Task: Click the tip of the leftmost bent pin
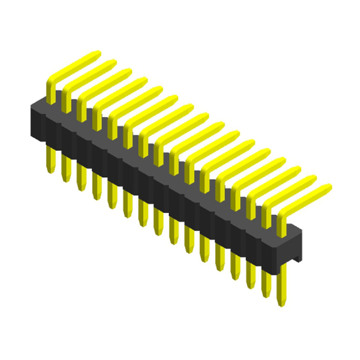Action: (96, 55)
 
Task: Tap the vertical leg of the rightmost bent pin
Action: (280, 225)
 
